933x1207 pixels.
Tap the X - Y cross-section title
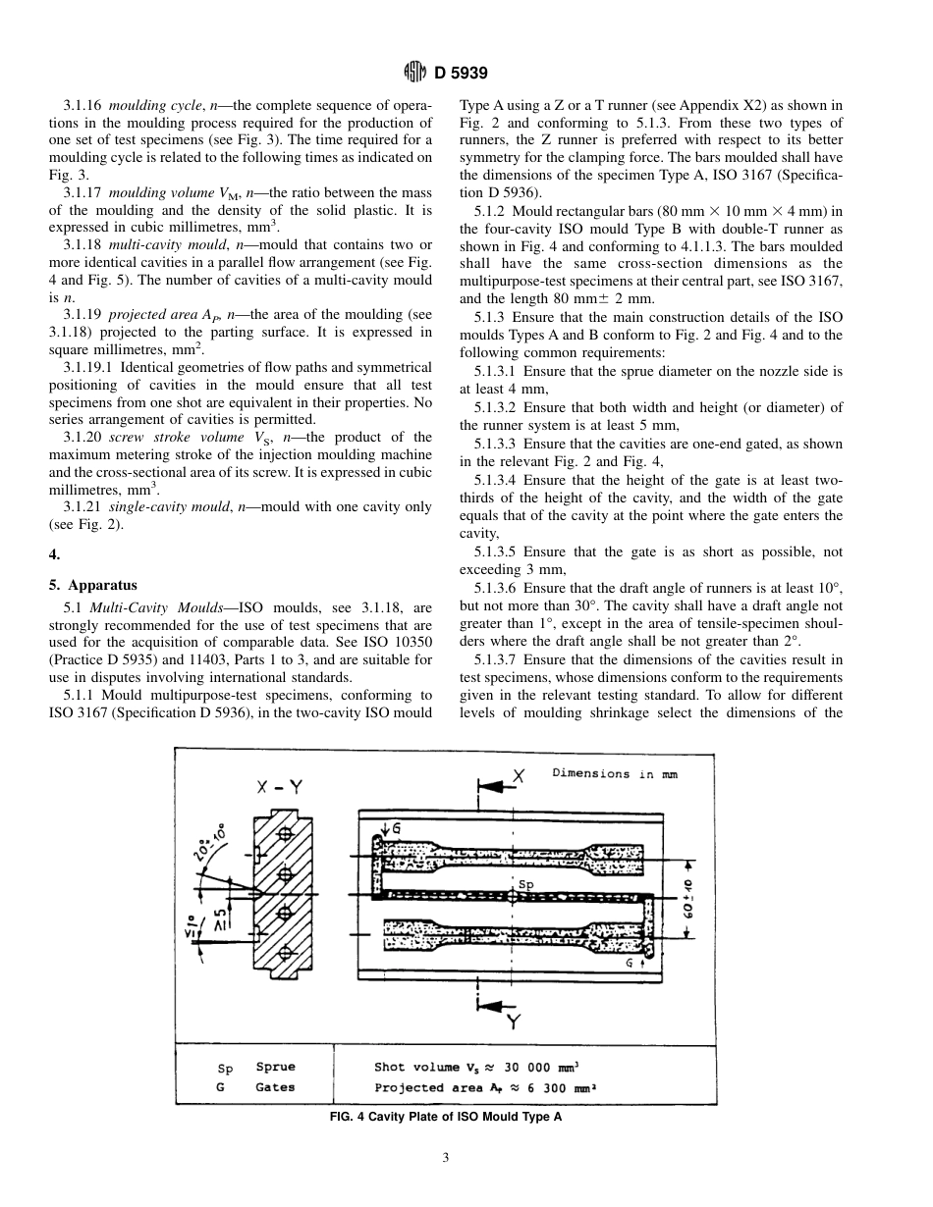click(x=279, y=786)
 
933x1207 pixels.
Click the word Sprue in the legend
click(x=275, y=1067)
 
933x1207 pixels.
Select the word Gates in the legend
click(x=275, y=1087)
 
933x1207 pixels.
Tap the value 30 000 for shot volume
click(x=538, y=1067)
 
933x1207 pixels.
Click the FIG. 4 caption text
click(x=446, y=1116)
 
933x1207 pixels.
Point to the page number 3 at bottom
click(x=445, y=1158)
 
